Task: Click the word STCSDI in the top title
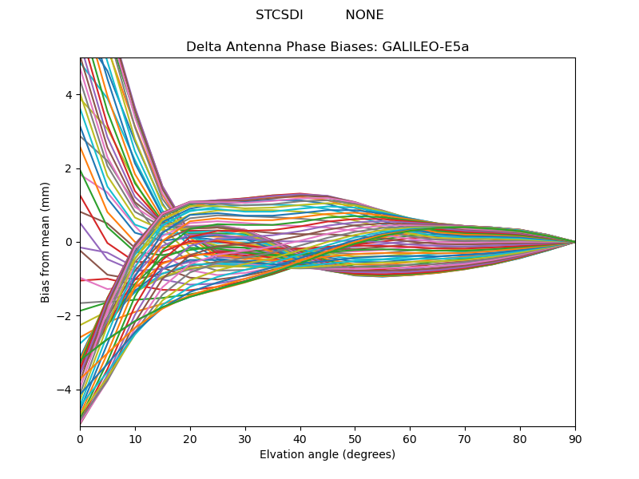tap(279, 15)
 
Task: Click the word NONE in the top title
tap(364, 15)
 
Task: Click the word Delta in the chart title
tap(203, 47)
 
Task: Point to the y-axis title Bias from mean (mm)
tap(46, 241)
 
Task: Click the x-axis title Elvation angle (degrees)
tap(327, 455)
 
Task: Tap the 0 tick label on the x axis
tap(80, 438)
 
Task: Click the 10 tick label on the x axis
tap(135, 438)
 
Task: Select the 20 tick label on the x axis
tap(190, 438)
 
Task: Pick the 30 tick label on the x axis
tap(245, 438)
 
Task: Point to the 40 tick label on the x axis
tap(300, 438)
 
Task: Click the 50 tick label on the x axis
tap(355, 438)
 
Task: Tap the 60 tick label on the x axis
tap(410, 438)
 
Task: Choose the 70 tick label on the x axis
tap(465, 438)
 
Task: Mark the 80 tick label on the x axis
tap(520, 438)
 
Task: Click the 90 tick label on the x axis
tap(575, 438)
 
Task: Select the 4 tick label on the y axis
tap(69, 95)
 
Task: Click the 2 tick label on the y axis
tap(69, 168)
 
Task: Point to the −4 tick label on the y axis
tap(66, 390)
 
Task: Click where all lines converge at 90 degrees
tap(574, 242)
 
